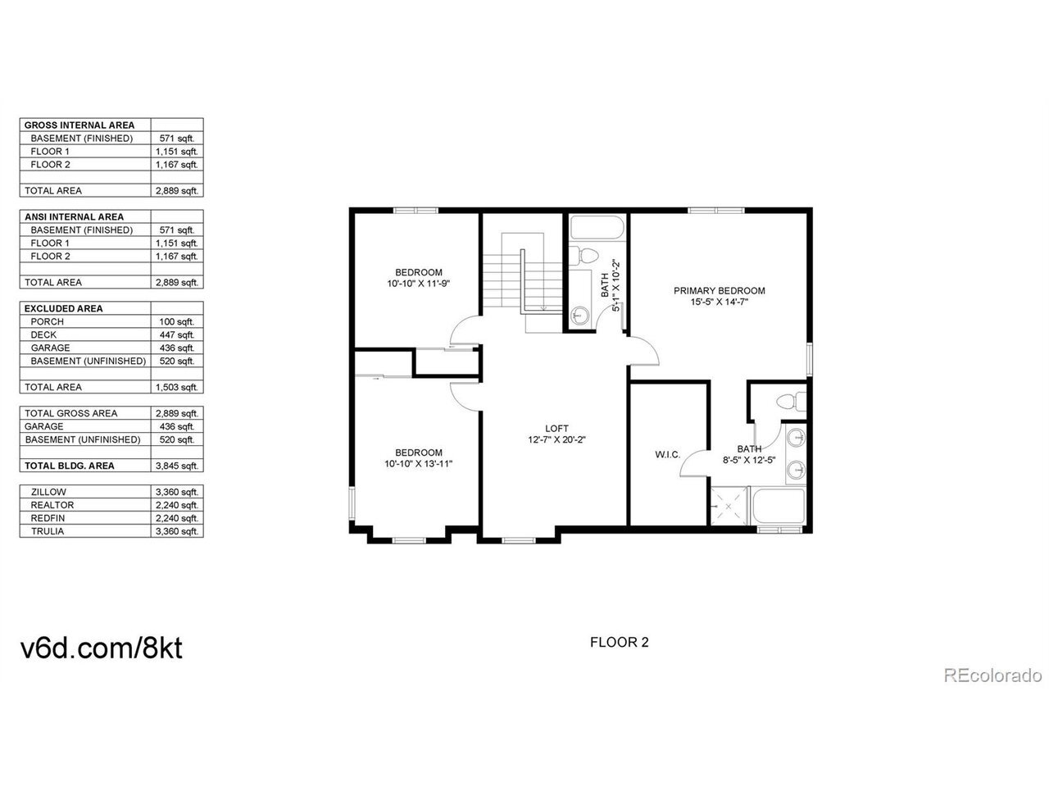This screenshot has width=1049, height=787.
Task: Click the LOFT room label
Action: tap(556, 429)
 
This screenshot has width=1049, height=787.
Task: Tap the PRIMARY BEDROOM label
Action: tap(719, 290)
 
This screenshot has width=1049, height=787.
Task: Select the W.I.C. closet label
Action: tap(667, 454)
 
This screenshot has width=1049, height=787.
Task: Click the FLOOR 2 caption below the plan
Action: tap(619, 642)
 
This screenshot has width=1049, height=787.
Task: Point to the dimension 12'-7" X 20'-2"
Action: tap(556, 439)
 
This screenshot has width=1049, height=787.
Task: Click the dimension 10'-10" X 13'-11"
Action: tap(418, 463)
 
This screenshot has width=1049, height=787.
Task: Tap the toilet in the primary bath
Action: tap(791, 401)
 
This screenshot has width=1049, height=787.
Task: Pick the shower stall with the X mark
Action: tap(728, 506)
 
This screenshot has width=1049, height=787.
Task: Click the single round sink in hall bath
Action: tap(579, 316)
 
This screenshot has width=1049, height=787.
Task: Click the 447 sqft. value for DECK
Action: tap(177, 334)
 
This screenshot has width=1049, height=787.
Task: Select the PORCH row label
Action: tap(47, 321)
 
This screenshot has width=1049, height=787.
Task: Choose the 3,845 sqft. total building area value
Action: tap(177, 466)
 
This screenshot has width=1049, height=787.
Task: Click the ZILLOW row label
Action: tap(48, 492)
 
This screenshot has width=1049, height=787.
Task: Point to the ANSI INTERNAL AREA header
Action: tap(74, 217)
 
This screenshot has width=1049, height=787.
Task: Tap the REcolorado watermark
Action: tap(992, 676)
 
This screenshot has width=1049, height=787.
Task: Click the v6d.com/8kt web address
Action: tap(102, 648)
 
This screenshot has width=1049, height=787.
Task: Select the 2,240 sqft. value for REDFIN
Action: tap(177, 518)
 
